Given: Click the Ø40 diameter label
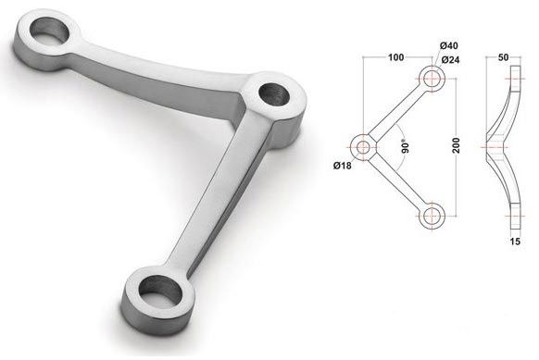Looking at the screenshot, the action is [449, 45].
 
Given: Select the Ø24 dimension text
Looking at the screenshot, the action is [450, 60].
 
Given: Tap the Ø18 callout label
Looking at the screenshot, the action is [343, 166].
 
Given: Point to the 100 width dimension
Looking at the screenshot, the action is [396, 57].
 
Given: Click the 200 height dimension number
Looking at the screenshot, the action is [457, 145].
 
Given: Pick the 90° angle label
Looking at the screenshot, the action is [406, 146].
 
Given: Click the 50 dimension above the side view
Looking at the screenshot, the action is [503, 57].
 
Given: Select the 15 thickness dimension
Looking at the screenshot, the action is [515, 242].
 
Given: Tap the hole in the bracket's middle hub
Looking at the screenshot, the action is [274, 94].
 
